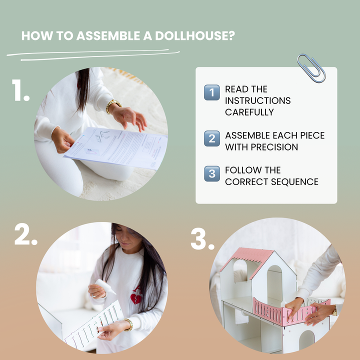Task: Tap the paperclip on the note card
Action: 311,68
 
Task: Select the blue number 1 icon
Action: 212,92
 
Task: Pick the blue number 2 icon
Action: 212,138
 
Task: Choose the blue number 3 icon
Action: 212,173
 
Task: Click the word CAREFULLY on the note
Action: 249,112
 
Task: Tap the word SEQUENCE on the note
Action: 294,182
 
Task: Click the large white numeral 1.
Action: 20,90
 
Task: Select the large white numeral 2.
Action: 25,234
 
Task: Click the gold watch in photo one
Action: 113,106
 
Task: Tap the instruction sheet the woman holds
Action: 116,148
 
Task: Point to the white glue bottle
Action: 105,286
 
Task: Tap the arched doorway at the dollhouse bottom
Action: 306,341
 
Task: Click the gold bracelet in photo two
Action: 129,324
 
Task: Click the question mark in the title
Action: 232,35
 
